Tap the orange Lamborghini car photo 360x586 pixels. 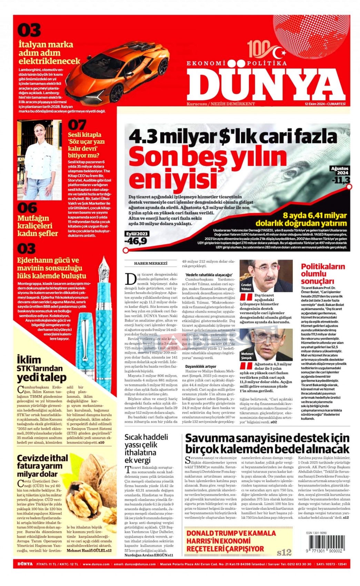pyautogui.click(x=124, y=72)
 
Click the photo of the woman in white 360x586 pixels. pyautogui.click(x=39, y=160)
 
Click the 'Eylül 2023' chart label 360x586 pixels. pyautogui.click(x=137, y=234)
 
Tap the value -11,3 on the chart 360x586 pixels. pyautogui.click(x=341, y=180)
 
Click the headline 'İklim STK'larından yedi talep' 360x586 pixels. pyautogui.click(x=41, y=368)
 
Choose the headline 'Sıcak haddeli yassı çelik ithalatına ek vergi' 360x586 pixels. pyautogui.click(x=146, y=448)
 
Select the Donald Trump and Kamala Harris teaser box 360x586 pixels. pyautogui.click(x=238, y=541)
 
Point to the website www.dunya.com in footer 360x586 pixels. pyautogui.click(x=96, y=564)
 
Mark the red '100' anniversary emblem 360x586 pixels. pyautogui.click(x=257, y=49)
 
